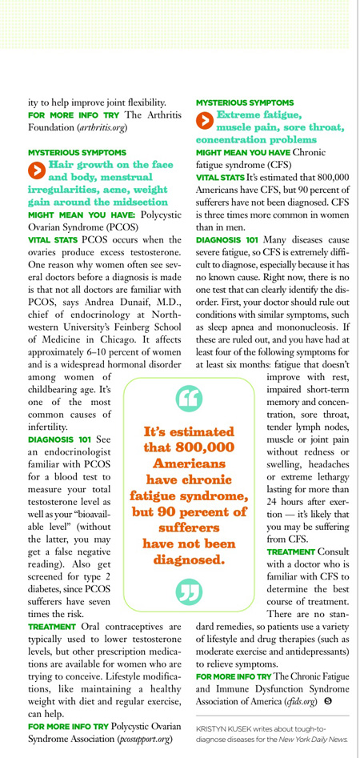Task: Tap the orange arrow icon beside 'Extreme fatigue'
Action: [x=204, y=120]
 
